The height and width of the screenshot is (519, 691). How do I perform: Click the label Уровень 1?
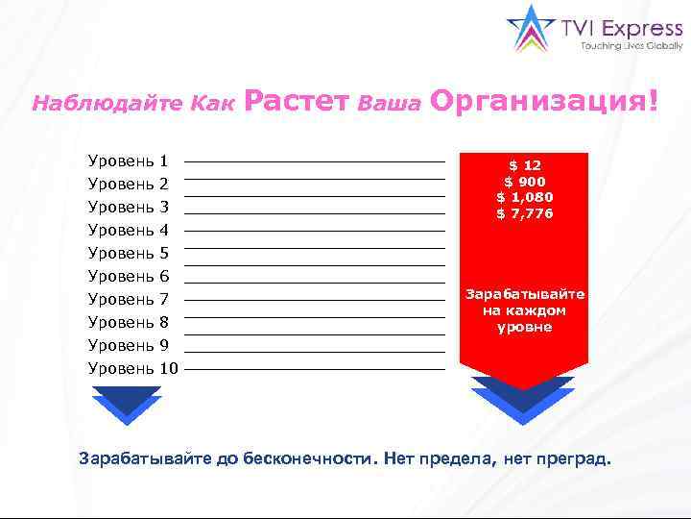128,161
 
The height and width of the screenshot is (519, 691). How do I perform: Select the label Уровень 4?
128,230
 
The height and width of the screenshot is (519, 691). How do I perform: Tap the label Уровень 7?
128,299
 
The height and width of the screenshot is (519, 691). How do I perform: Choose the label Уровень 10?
132,368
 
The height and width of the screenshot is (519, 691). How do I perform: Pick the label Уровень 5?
128,253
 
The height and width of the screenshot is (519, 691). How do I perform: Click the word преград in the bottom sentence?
574,458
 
